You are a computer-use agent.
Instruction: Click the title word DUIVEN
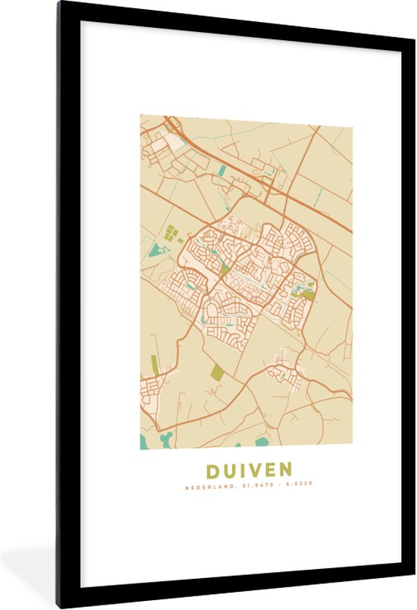click(x=246, y=470)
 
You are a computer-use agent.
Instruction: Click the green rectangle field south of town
click(x=218, y=372)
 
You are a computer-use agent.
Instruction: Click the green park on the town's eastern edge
click(x=310, y=288)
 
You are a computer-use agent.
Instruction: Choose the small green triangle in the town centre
click(x=224, y=268)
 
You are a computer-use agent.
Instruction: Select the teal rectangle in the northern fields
click(x=221, y=171)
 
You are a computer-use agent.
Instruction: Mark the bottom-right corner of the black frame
click(x=412, y=605)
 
